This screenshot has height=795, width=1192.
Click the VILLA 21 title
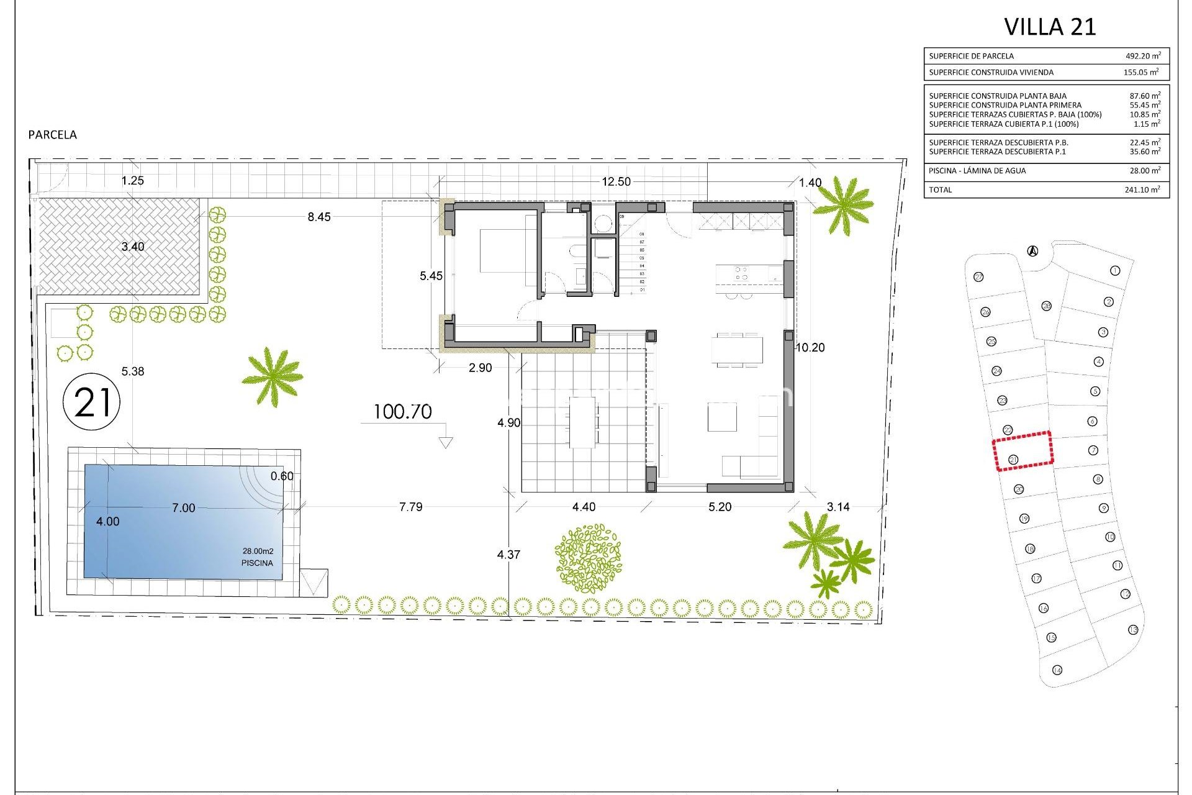tap(1050, 27)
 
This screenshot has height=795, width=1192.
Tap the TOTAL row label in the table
tap(940, 189)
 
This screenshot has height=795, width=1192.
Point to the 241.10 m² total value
tap(1142, 189)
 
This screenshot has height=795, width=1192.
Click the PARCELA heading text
tap(53, 135)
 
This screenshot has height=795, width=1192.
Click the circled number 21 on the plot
tap(92, 402)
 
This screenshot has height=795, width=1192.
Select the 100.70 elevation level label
tap(402, 412)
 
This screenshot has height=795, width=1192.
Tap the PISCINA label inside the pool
tap(257, 563)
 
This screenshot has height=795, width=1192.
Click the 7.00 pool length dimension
tap(183, 508)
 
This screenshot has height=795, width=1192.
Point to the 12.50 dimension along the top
tap(616, 181)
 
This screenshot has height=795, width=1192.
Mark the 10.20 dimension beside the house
tap(810, 348)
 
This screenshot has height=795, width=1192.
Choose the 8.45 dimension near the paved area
tap(319, 217)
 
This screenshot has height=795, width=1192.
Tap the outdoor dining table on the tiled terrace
tap(583, 422)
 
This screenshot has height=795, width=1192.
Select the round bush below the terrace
tap(588, 558)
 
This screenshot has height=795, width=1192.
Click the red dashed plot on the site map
tap(1023, 452)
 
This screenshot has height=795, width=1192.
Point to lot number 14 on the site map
tap(1057, 670)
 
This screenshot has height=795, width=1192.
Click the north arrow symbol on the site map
tap(1032, 251)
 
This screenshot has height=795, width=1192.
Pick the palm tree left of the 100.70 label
tap(272, 376)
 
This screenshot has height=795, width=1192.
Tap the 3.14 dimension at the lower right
tap(838, 507)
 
